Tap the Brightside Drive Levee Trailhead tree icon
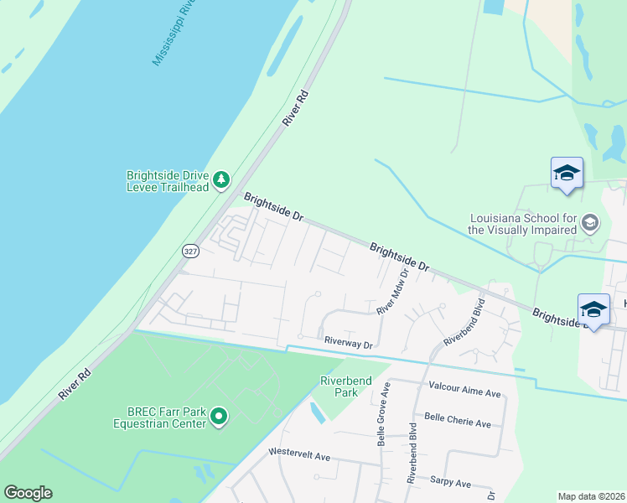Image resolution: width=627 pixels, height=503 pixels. pos(221,180)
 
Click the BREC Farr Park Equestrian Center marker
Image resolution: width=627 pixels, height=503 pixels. pos(219,416)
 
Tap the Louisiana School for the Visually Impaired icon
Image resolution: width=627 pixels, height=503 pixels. pos(590,222)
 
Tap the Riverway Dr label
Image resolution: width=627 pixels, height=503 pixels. pos(348,343)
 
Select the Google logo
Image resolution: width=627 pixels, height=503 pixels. pos(28,493)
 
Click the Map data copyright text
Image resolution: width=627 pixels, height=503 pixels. pos(591,496)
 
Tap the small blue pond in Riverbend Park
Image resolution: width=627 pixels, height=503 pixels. pos(318,413)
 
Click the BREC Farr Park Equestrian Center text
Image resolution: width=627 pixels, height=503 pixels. pos(159,417)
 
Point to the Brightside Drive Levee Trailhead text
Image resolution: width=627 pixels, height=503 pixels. pos(167,181)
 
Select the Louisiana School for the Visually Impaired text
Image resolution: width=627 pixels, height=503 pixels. pos(523,224)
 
